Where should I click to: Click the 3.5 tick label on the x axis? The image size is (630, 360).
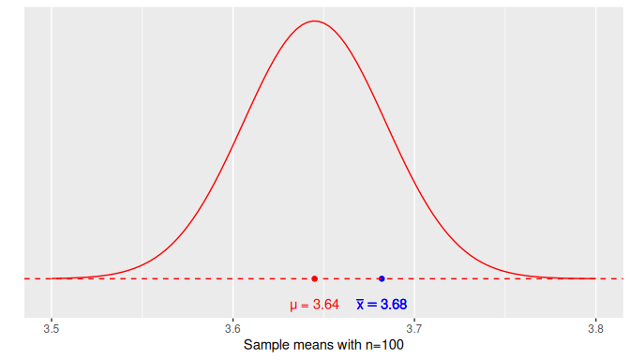click(x=52, y=328)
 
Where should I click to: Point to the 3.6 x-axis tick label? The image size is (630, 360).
click(x=232, y=328)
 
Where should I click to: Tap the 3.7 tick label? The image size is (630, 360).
click(x=413, y=328)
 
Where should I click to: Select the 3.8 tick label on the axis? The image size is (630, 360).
click(x=594, y=328)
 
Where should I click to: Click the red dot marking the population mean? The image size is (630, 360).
click(x=315, y=278)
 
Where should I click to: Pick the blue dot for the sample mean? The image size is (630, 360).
click(x=382, y=278)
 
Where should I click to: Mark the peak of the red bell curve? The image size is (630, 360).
click(x=315, y=21)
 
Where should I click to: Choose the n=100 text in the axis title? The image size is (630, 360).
click(x=382, y=345)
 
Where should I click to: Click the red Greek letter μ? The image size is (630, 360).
click(x=293, y=306)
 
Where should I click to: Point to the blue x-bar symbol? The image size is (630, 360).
click(x=360, y=305)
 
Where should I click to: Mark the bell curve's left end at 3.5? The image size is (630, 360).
click(x=52, y=278)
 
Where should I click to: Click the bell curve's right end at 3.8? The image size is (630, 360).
click(x=594, y=278)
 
